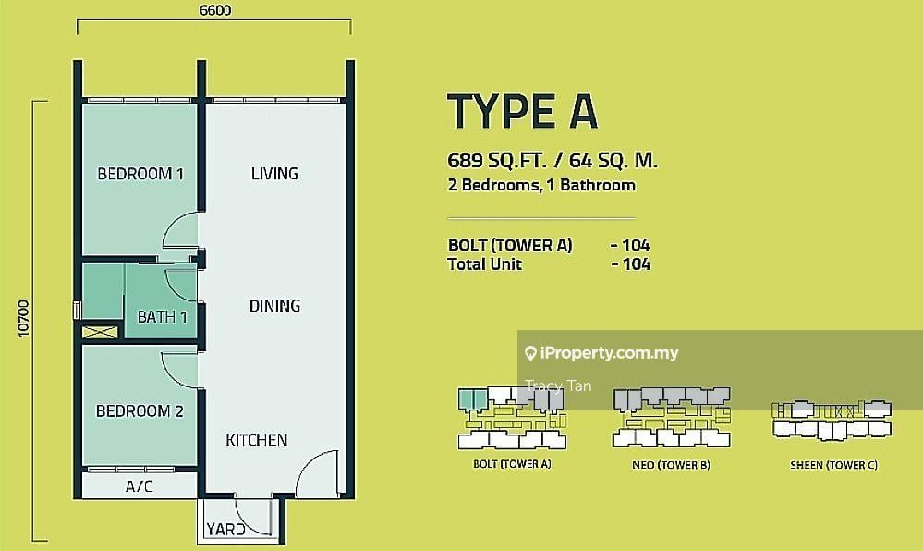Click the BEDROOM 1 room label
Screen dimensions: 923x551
[x=140, y=174]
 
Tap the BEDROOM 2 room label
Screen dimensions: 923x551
[x=140, y=410]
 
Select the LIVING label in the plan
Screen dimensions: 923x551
[x=274, y=173]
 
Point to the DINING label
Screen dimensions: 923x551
[x=274, y=305]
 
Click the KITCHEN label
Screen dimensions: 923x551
[x=257, y=440]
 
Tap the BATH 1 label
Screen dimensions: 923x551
[x=162, y=317]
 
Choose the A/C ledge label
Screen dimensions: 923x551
[x=140, y=486]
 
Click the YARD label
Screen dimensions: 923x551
[x=225, y=529]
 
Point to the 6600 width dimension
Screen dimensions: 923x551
[x=215, y=10]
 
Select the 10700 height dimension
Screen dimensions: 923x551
[x=23, y=319]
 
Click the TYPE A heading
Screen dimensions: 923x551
[x=523, y=111]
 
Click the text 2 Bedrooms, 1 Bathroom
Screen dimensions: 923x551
[x=541, y=185]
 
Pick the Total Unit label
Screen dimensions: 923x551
[x=484, y=264]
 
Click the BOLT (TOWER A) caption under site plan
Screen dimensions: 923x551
[x=512, y=464]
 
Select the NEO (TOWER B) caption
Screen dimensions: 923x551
[x=671, y=465]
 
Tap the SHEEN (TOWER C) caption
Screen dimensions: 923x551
[x=833, y=465]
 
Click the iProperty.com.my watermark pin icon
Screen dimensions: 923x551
[x=530, y=353]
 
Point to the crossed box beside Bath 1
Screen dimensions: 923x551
[x=100, y=333]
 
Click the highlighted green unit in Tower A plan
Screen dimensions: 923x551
[x=473, y=398]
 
